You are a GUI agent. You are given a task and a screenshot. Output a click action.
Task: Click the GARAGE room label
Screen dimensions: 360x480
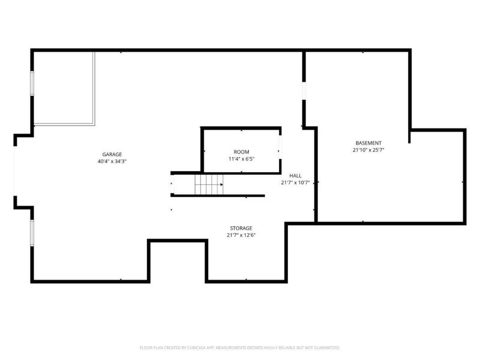pyautogui.click(x=112, y=154)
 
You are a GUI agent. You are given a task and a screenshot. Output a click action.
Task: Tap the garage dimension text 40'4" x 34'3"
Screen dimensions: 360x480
pyautogui.click(x=112, y=161)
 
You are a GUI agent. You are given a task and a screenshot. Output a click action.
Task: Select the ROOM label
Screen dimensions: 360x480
pyautogui.click(x=241, y=152)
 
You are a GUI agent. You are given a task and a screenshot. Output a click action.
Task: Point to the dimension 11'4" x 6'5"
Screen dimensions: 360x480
pyautogui.click(x=241, y=159)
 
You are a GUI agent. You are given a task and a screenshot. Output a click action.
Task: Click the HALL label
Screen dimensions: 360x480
pyautogui.click(x=295, y=175)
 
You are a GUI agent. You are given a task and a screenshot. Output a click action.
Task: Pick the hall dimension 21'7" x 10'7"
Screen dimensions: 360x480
pyautogui.click(x=295, y=182)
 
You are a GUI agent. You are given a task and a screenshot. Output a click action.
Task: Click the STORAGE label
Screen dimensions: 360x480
pyautogui.click(x=241, y=228)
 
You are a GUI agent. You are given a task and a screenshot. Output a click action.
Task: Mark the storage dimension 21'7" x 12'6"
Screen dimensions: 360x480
pyautogui.click(x=241, y=235)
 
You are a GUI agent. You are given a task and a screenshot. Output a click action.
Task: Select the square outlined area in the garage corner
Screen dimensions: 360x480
pyautogui.click(x=64, y=88)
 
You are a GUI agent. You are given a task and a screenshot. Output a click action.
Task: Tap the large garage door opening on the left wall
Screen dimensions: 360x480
pyautogui.click(x=16, y=171)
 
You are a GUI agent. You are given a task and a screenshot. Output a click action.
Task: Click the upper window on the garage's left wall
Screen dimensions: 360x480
pyautogui.click(x=32, y=83)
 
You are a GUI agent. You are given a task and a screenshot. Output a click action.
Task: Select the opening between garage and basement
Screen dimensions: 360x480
pyautogui.click(x=304, y=90)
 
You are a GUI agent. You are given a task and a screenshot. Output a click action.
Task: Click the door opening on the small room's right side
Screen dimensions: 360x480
pyautogui.click(x=280, y=146)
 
